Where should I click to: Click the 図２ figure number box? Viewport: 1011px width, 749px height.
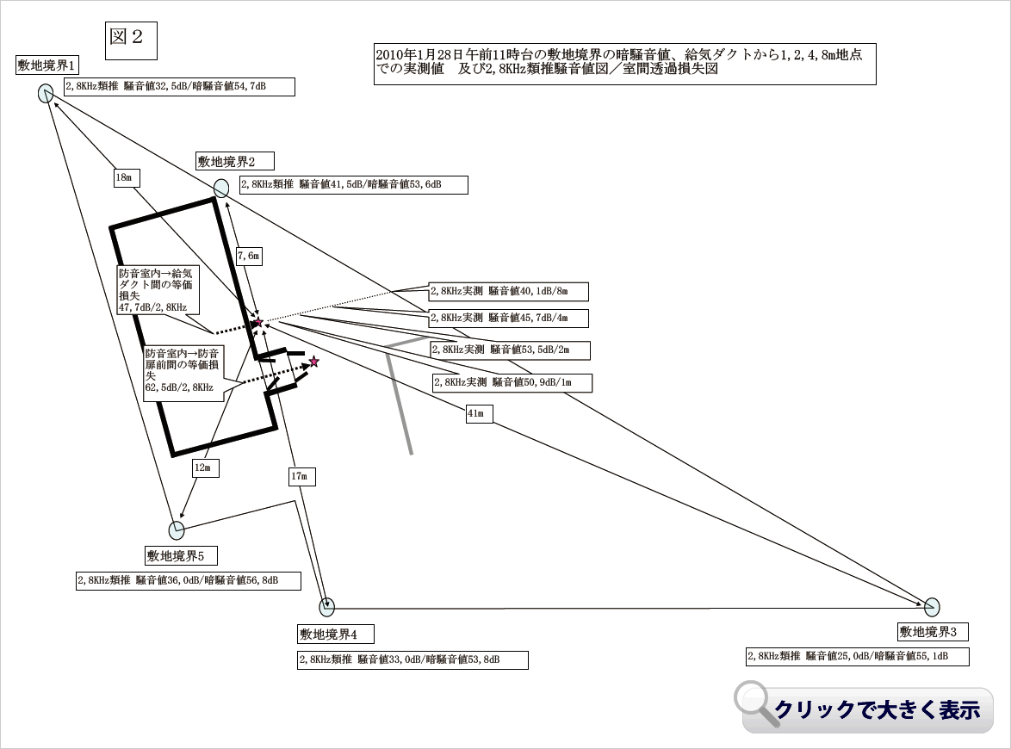131,37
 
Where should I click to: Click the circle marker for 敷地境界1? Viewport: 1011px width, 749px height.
46,94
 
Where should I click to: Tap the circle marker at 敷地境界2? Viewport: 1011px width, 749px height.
221,188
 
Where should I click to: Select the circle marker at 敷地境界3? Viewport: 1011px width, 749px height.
932,606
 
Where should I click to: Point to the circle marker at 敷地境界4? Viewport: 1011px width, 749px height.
326,608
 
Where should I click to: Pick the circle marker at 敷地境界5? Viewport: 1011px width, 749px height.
177,529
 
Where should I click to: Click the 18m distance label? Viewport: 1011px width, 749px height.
127,177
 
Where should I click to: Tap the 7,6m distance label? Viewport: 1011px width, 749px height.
248,255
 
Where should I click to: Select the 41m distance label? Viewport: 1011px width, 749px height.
476,414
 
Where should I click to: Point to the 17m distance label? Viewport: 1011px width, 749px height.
301,475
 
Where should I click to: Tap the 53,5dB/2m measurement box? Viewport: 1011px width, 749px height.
511,350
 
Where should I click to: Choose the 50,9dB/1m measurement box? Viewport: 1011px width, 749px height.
512,382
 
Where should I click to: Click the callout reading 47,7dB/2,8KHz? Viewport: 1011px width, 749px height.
158,289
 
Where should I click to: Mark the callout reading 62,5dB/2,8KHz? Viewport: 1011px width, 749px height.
183,370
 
